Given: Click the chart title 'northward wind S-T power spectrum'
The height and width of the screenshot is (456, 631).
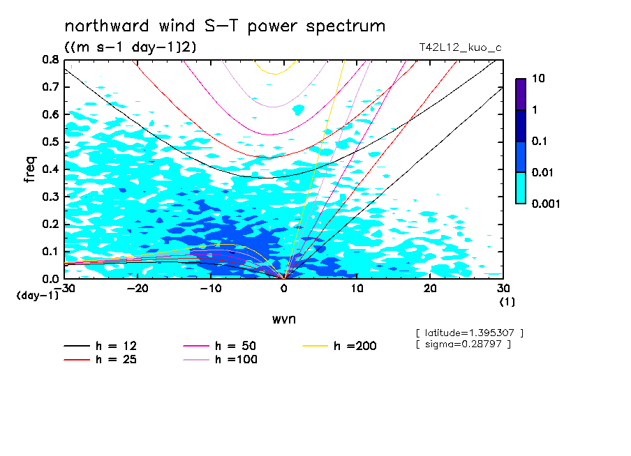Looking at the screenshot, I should coord(225,26).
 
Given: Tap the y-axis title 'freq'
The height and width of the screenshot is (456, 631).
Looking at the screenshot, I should coord(30,169).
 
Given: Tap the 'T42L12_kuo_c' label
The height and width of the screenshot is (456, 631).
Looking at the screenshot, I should coord(460,47).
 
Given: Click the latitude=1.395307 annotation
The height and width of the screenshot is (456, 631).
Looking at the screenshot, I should coord(469,333).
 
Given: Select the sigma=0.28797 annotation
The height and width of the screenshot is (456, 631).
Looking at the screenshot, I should coord(463,344).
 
